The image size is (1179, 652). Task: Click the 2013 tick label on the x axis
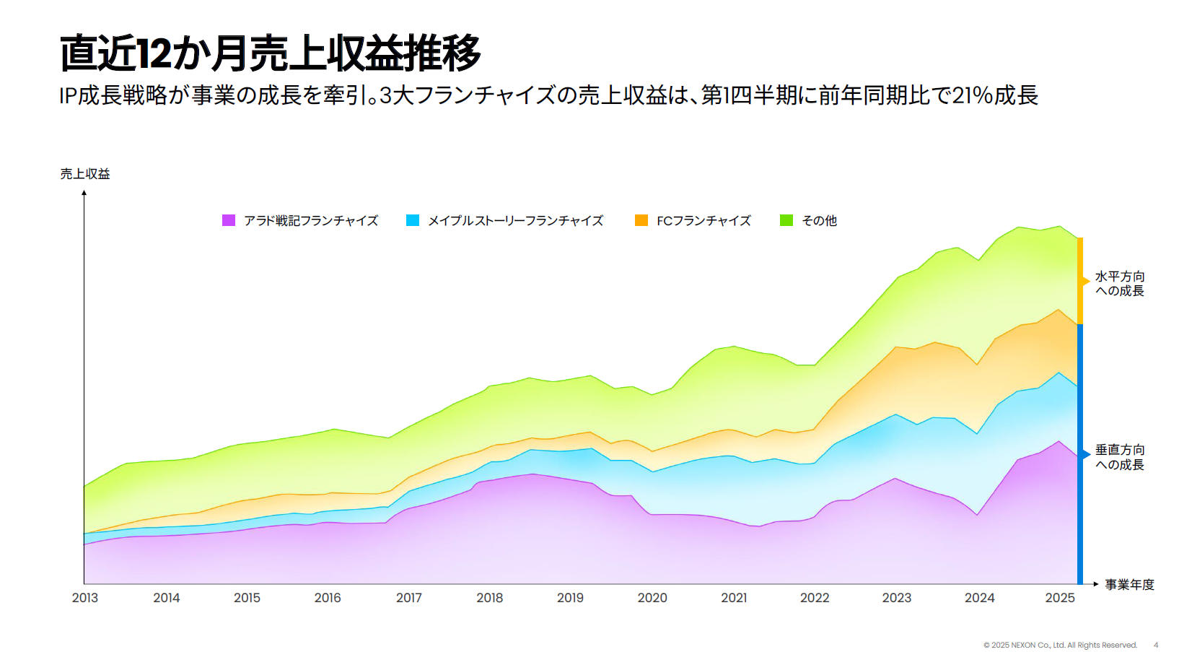click(x=85, y=598)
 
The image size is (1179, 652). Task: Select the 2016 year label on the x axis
click(x=328, y=598)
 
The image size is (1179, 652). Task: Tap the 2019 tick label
click(x=570, y=598)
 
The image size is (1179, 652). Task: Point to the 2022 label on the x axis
click(x=815, y=598)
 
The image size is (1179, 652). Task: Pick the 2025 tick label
click(x=1060, y=598)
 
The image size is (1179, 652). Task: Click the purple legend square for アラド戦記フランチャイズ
click(x=229, y=220)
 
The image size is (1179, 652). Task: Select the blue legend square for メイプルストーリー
click(x=413, y=220)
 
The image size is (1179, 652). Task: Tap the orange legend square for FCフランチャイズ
click(x=641, y=220)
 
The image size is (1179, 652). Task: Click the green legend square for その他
click(x=786, y=220)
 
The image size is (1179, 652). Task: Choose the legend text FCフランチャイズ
click(x=704, y=221)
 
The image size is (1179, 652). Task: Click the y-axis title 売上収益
click(x=85, y=174)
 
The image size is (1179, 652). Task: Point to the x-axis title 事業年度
click(x=1129, y=585)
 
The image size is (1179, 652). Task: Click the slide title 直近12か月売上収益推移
click(x=270, y=53)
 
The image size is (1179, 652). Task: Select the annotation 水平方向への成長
click(x=1120, y=284)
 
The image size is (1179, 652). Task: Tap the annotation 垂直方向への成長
click(x=1120, y=457)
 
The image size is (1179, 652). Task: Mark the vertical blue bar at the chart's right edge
click(x=1080, y=455)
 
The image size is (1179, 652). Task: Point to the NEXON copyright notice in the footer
click(x=1060, y=645)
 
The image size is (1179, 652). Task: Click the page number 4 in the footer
click(x=1156, y=645)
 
